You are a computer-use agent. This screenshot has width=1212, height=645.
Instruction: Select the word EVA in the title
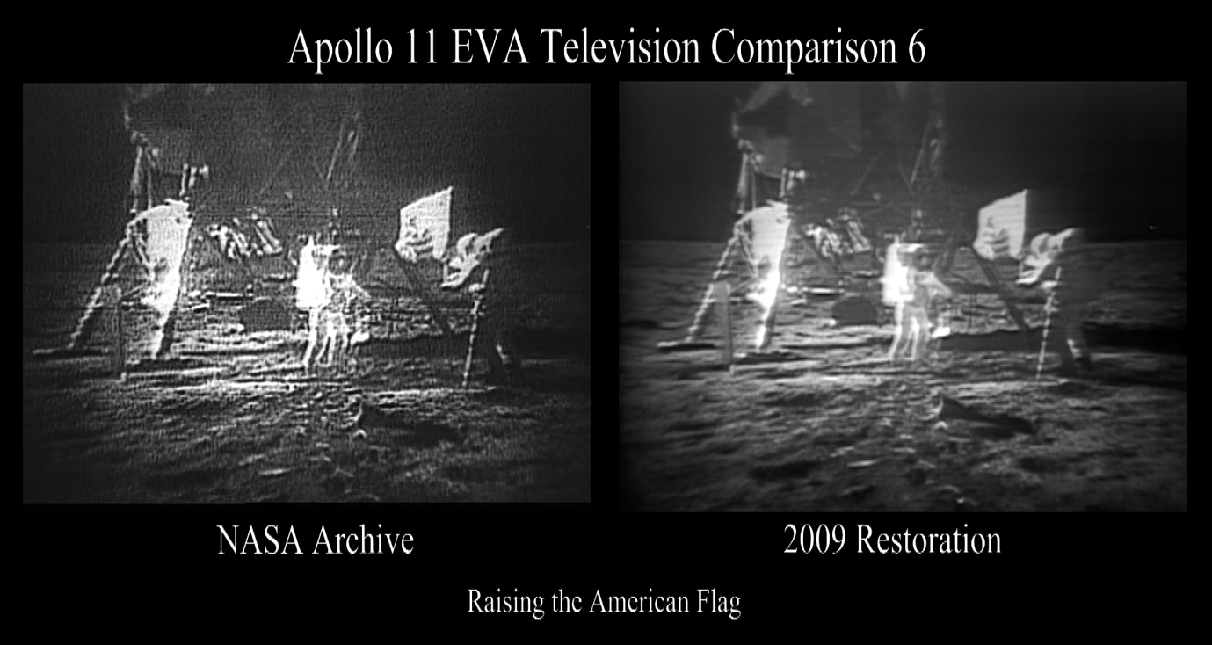(x=490, y=49)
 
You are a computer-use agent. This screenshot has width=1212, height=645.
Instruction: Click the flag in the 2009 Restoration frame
(x=1001, y=226)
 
